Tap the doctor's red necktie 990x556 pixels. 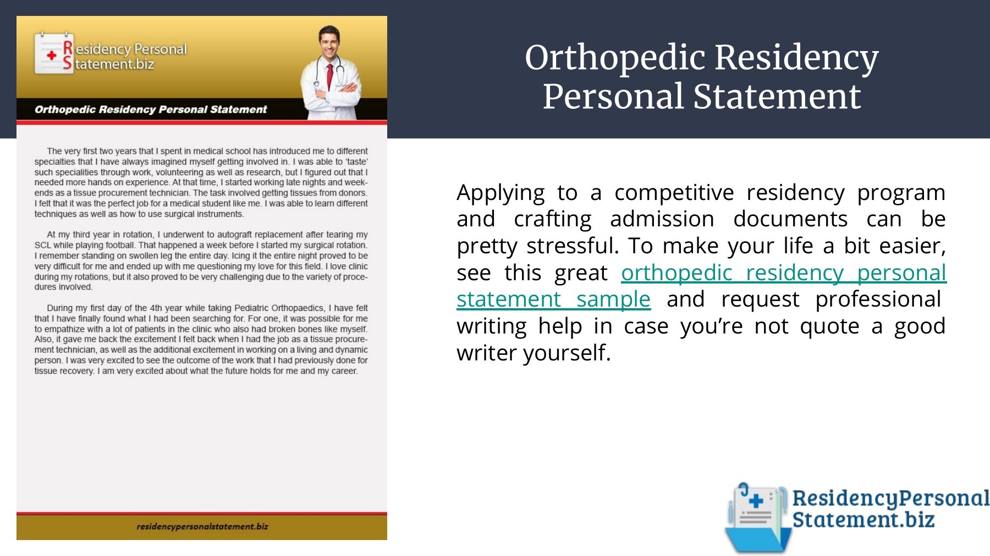tap(329, 76)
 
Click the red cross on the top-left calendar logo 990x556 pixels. tap(52, 55)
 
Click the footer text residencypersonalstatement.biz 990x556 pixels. tap(202, 526)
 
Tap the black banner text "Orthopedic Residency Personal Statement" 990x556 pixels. tap(151, 109)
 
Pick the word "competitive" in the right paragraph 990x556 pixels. tap(674, 193)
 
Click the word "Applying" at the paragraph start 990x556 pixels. tap(501, 193)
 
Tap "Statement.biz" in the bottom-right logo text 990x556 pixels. tap(864, 519)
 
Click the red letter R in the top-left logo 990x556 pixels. tap(68, 47)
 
